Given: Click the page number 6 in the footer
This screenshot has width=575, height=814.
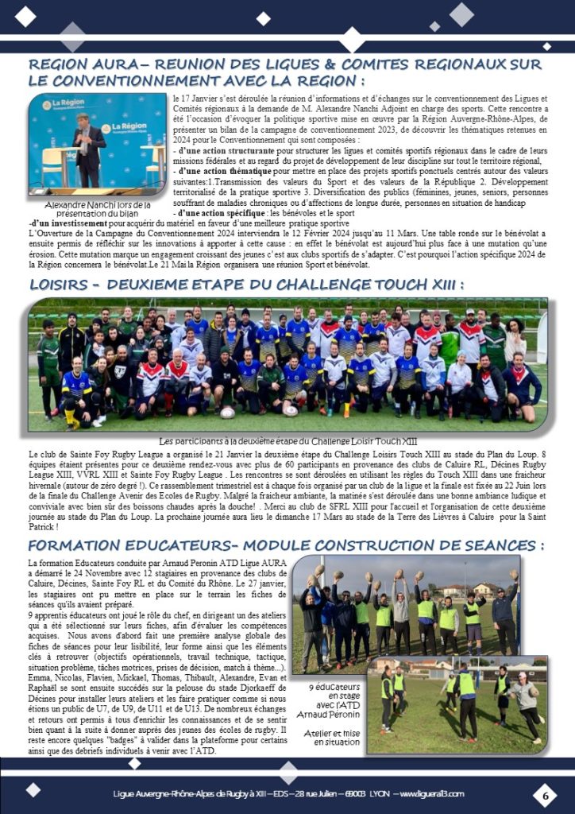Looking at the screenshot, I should tap(546, 793).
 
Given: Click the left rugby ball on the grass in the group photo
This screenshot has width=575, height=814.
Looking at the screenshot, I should tap(228, 412).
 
